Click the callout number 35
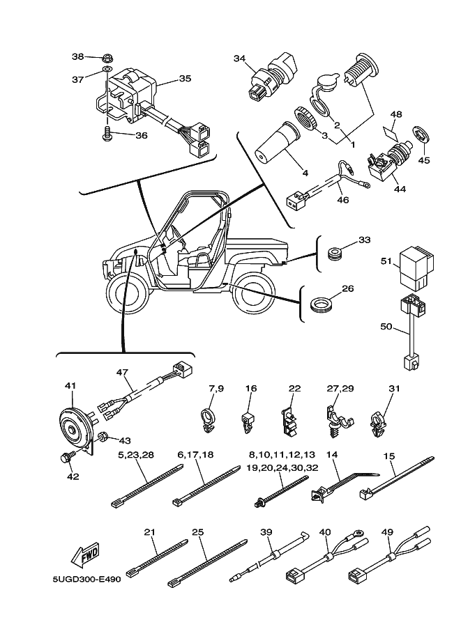point(184,79)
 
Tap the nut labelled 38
point(108,57)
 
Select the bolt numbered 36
point(107,134)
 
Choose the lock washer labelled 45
point(421,133)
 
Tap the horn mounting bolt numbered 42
point(66,459)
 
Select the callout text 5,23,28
point(136,455)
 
